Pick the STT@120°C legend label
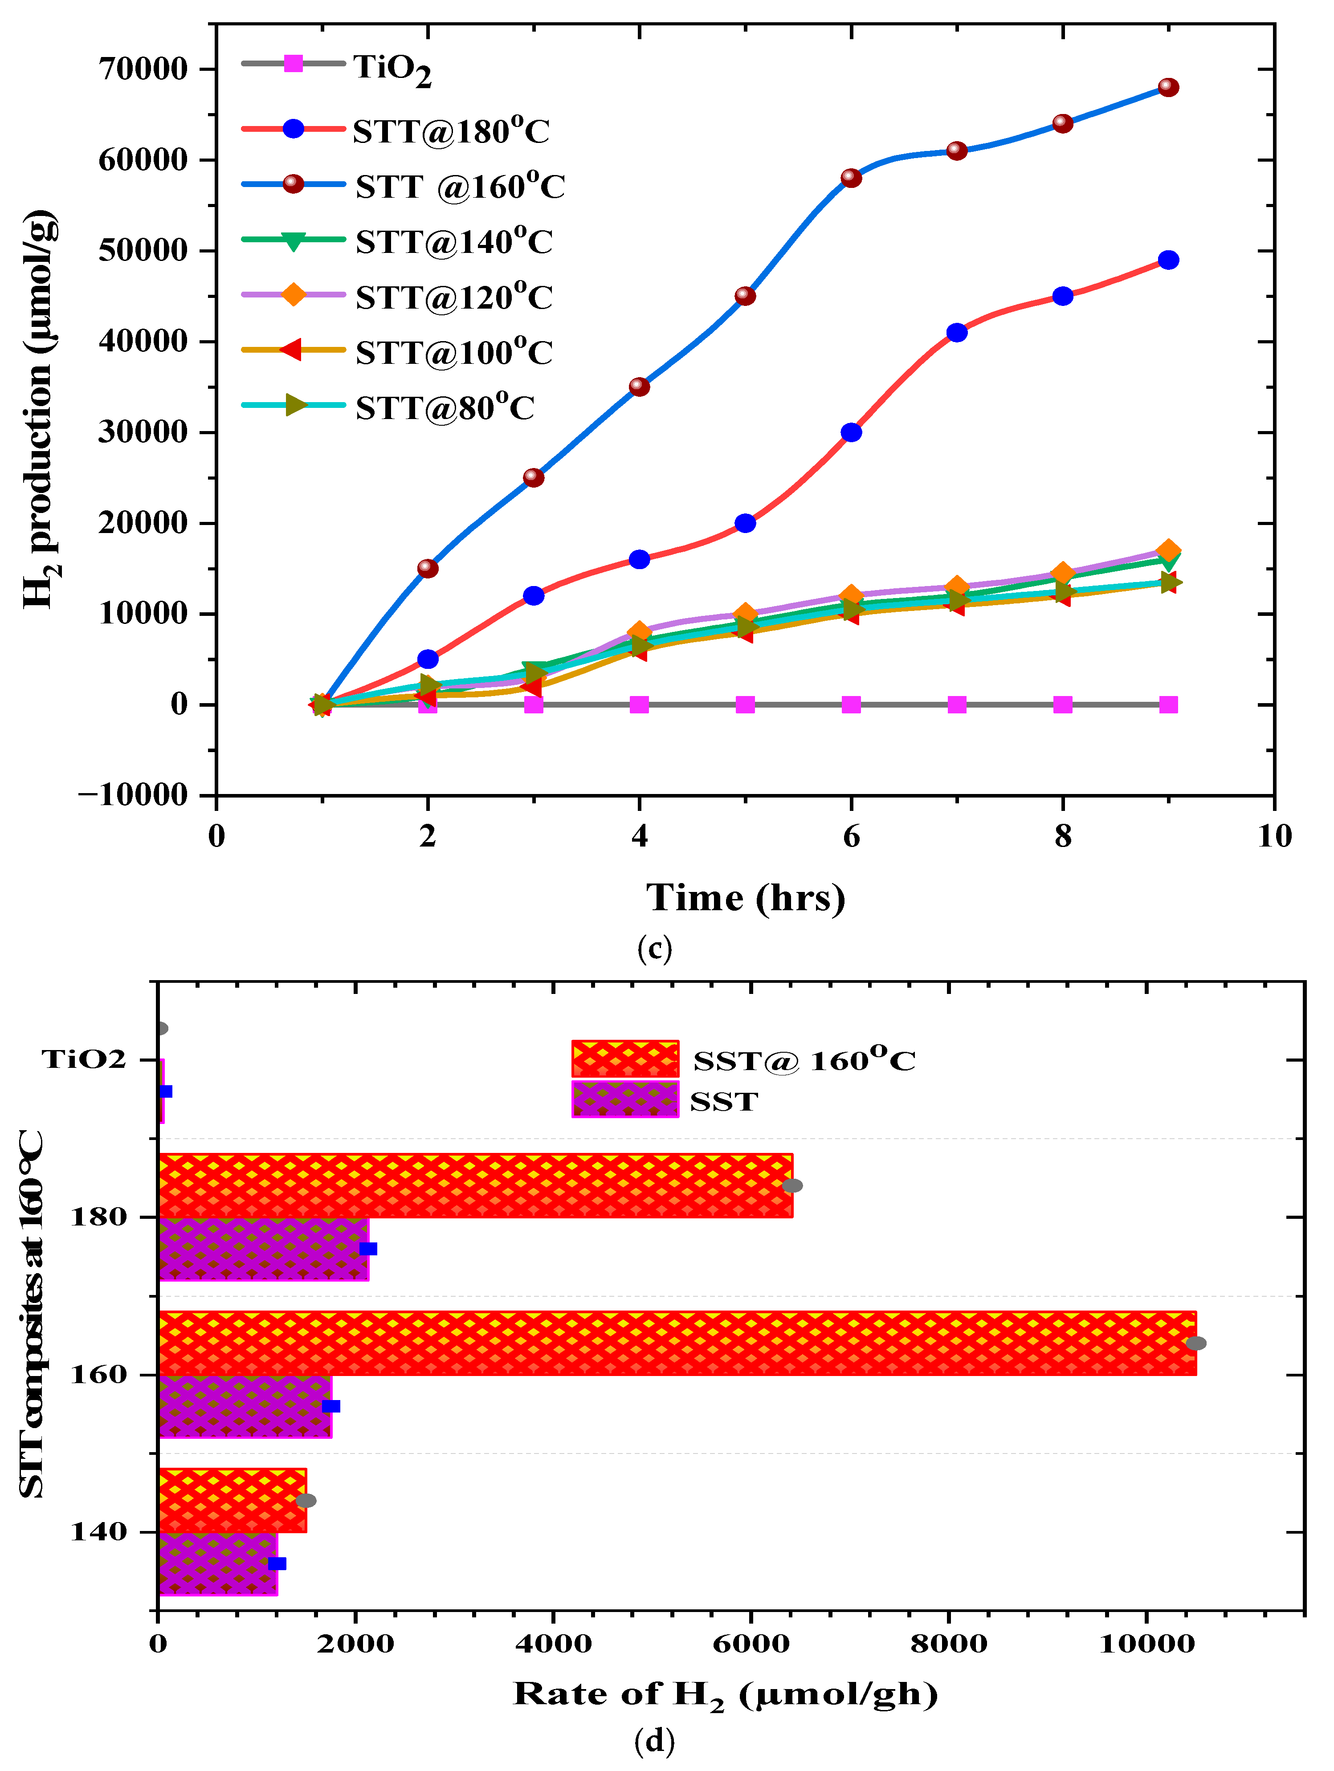453,297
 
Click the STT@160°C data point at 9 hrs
1168,87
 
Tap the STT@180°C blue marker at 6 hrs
851,432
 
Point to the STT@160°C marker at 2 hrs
428,569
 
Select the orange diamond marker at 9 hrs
1168,551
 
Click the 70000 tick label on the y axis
143,69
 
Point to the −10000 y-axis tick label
132,795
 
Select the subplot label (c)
654,949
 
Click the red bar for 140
232,1500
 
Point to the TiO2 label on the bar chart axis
84,1059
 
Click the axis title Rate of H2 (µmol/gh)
725,1695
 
